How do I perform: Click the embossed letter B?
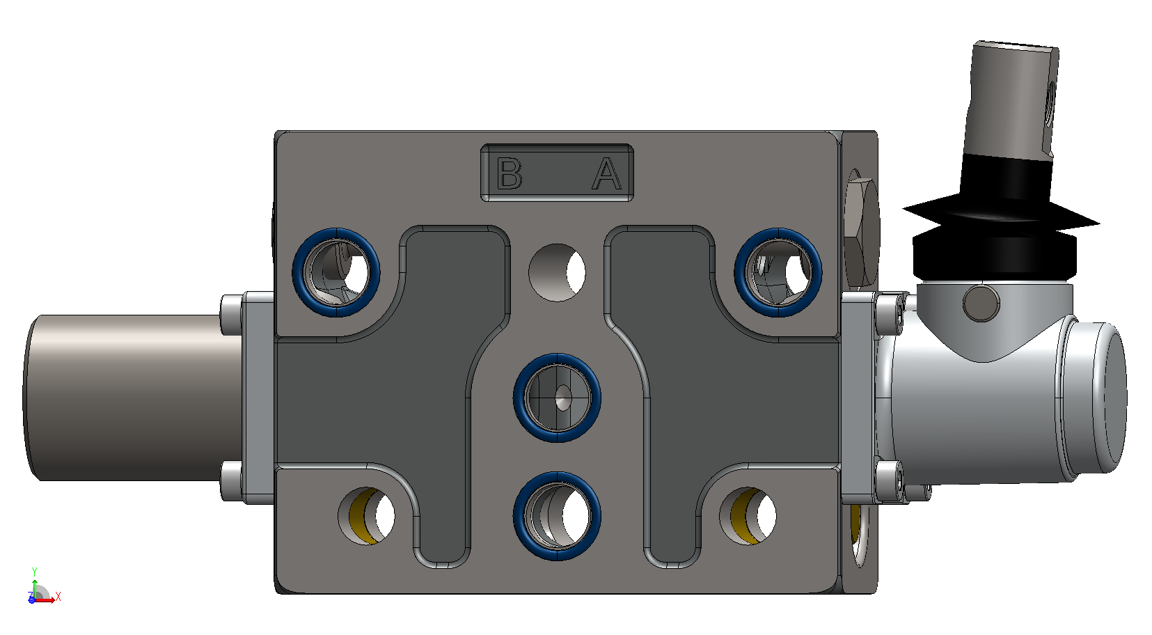click(510, 173)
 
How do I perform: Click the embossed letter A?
click(607, 173)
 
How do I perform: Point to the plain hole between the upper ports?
click(557, 272)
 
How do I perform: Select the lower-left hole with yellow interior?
click(366, 516)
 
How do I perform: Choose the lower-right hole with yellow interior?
click(748, 516)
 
